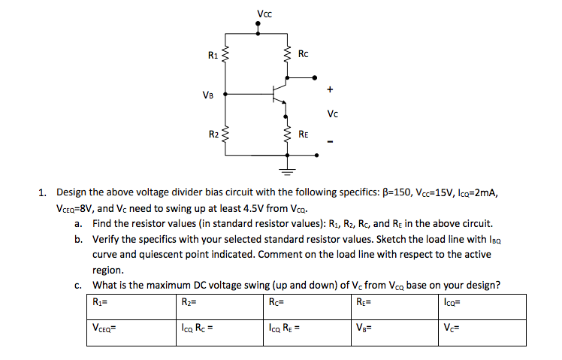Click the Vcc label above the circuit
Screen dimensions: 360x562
[x=264, y=12]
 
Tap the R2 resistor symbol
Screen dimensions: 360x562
[x=226, y=136]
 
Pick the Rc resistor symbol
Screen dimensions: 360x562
[x=286, y=55]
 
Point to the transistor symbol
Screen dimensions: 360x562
[x=279, y=95]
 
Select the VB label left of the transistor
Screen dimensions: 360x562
[x=208, y=95]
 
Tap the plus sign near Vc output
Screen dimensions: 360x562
[x=328, y=89]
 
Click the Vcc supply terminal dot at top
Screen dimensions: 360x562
[x=258, y=24]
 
